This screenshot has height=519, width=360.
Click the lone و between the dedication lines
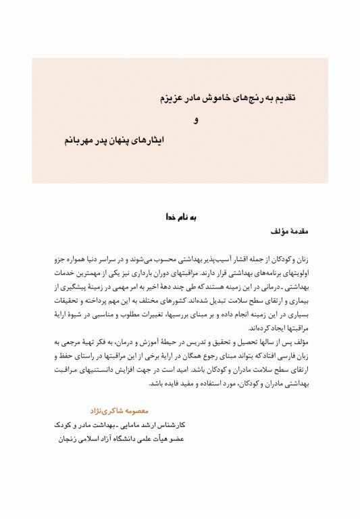[196, 121]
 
